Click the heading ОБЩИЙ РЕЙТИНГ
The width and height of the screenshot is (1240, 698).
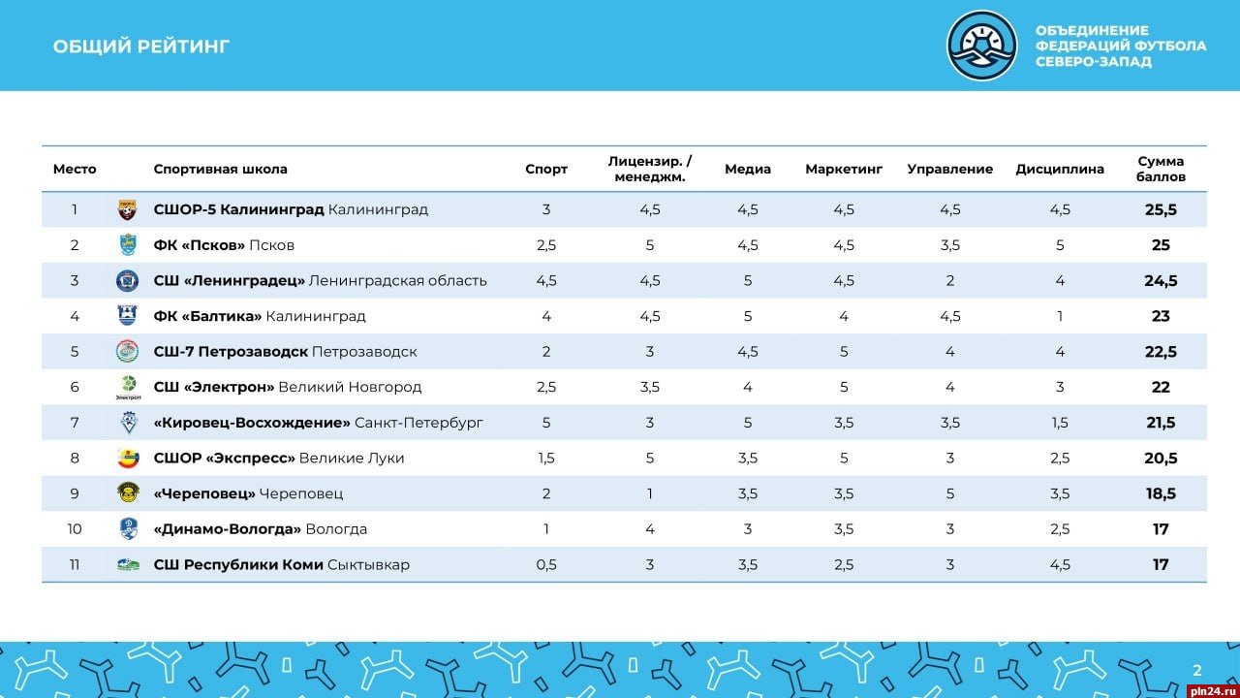pyautogui.click(x=141, y=47)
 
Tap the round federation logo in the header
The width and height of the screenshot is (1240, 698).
pyautogui.click(x=981, y=46)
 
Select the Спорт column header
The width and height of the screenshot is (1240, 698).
pyautogui.click(x=546, y=169)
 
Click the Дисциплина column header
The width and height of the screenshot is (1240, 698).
pyautogui.click(x=1060, y=169)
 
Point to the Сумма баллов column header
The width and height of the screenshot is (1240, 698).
pyautogui.click(x=1161, y=169)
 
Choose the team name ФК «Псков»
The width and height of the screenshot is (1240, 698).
pyautogui.click(x=200, y=245)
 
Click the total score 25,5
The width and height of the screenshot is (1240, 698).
pyautogui.click(x=1161, y=209)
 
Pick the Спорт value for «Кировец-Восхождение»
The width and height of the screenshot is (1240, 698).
pyautogui.click(x=546, y=423)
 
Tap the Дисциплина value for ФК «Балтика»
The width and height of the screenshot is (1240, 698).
pyautogui.click(x=1060, y=316)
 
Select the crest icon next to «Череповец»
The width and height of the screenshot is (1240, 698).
pyautogui.click(x=128, y=492)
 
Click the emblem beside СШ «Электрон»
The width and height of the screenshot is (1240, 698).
pyautogui.click(x=128, y=386)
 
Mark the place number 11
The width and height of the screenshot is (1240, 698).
pyautogui.click(x=75, y=564)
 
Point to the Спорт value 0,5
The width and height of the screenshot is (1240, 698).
pyautogui.click(x=546, y=564)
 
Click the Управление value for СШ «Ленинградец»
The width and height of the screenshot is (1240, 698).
pyautogui.click(x=950, y=281)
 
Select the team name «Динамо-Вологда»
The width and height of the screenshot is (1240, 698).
pyautogui.click(x=228, y=529)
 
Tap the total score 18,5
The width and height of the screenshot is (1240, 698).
pyautogui.click(x=1161, y=493)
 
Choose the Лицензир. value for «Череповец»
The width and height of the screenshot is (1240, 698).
pyautogui.click(x=650, y=493)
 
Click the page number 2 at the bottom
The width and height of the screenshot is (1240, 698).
pyautogui.click(x=1196, y=670)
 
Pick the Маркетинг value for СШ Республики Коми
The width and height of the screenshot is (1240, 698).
pyautogui.click(x=844, y=564)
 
